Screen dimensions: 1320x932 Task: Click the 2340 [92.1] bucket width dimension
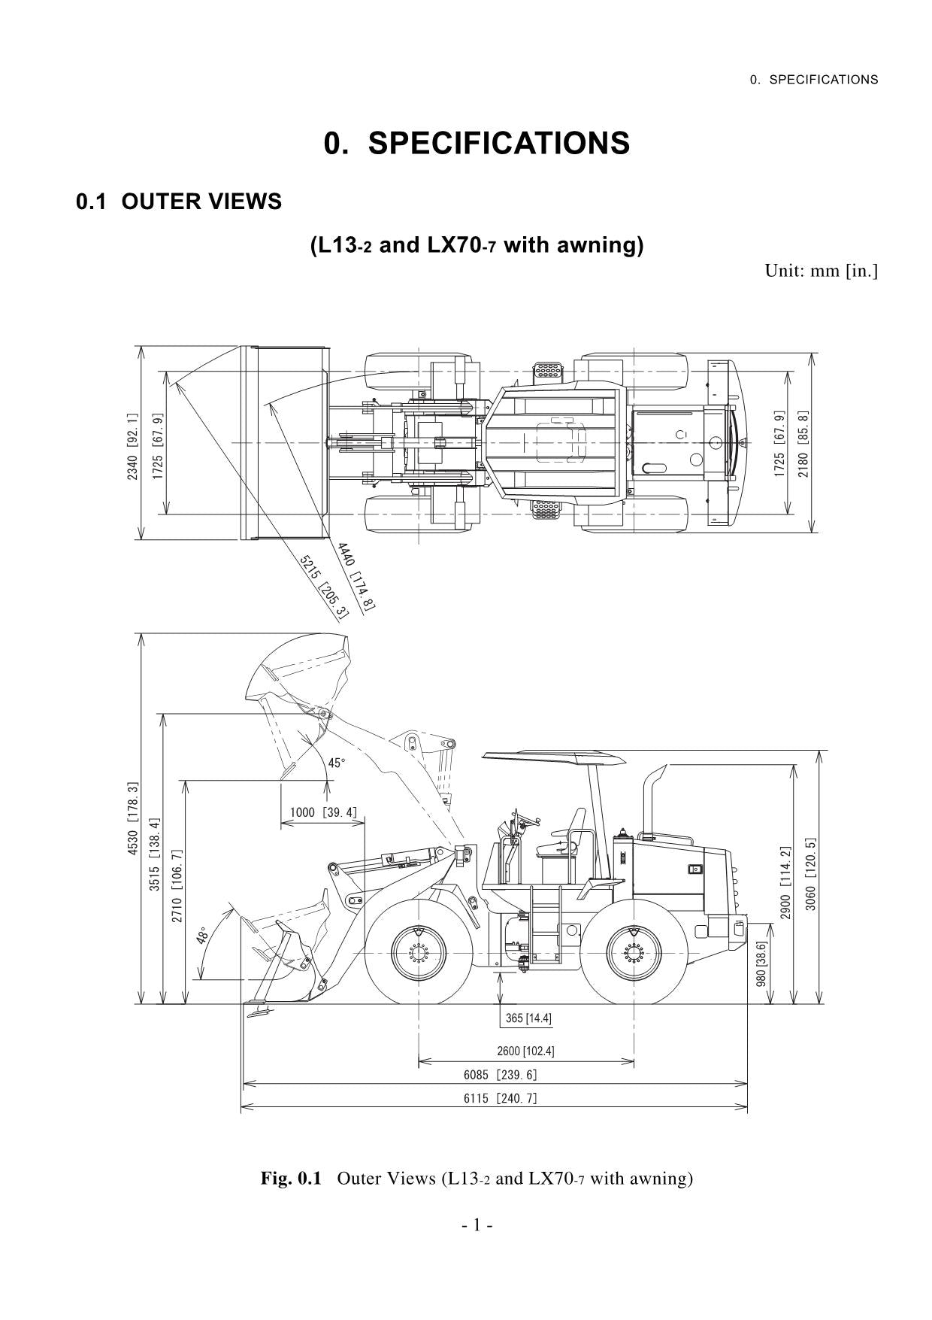[x=132, y=447]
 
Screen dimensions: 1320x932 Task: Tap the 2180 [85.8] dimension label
[x=803, y=444]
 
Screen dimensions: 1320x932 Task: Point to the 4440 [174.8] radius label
[x=356, y=576]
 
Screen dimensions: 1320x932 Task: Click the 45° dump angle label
[x=337, y=763]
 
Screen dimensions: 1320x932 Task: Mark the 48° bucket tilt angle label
[x=202, y=936]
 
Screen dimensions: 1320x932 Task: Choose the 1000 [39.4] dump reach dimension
[x=323, y=812]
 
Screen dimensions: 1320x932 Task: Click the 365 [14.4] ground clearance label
[x=528, y=1018]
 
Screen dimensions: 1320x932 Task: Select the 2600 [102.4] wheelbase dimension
[x=525, y=1051]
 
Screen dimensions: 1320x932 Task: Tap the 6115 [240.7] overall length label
[x=500, y=1098]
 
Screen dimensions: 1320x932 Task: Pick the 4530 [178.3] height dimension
[x=133, y=818]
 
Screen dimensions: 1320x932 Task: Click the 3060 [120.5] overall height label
[x=810, y=875]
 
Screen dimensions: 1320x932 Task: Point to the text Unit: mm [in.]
[x=821, y=270]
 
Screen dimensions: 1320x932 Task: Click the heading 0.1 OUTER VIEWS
[x=179, y=202]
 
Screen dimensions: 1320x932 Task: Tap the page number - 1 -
[x=477, y=1225]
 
